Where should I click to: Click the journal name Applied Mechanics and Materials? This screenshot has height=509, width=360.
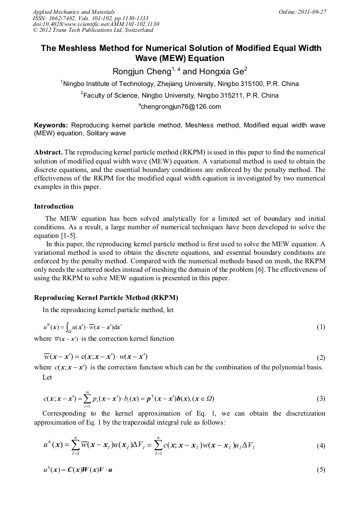coord(74,11)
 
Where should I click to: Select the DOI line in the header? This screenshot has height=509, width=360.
coord(96,24)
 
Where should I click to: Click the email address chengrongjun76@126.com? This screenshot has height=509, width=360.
coord(180,107)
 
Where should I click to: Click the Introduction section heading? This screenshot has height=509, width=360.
coord(54,206)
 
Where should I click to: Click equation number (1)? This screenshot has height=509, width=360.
coord(321,327)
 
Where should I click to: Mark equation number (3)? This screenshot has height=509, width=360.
coord(321,399)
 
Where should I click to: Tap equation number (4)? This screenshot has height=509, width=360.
coord(321,446)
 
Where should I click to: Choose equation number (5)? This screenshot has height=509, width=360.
coord(321,470)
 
